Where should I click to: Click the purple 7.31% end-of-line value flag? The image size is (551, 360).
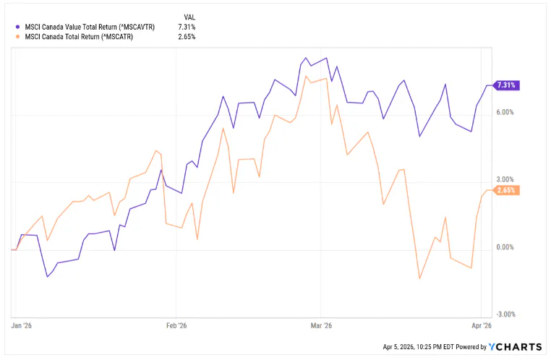click(506, 85)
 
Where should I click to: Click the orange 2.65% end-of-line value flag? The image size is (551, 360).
click(506, 190)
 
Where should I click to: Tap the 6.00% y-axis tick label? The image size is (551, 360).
click(504, 113)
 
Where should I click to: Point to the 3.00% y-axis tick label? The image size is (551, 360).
click(504, 180)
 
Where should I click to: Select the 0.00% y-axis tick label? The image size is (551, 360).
click(504, 247)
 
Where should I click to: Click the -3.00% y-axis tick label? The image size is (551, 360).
click(503, 314)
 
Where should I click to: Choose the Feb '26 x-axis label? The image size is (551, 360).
click(177, 327)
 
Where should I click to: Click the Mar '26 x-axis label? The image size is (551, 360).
click(322, 327)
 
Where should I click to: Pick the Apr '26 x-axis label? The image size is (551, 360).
click(482, 327)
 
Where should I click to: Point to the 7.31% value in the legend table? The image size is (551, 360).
click(186, 27)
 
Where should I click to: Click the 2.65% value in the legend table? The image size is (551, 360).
click(186, 36)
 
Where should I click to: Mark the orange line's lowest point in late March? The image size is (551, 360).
click(419, 278)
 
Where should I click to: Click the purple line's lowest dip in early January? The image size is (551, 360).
click(48, 276)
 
